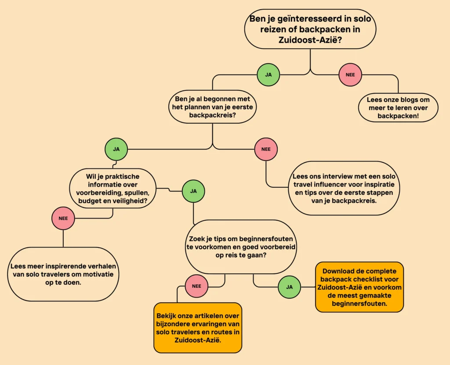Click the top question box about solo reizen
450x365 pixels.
click(x=310, y=29)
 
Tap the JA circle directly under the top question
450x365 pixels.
click(x=269, y=75)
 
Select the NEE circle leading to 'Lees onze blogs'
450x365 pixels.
click(x=350, y=75)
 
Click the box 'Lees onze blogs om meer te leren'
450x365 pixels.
click(x=398, y=108)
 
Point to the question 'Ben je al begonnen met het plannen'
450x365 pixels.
click(x=212, y=107)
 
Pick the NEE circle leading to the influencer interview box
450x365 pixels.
click(x=266, y=149)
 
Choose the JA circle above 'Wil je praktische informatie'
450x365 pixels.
click(x=116, y=149)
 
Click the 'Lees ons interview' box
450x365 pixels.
click(x=344, y=188)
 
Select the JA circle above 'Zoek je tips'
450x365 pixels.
click(x=193, y=191)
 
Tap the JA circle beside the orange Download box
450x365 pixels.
click(x=289, y=287)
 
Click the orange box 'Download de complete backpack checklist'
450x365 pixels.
click(x=359, y=287)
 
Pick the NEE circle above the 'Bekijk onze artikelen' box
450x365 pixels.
click(x=196, y=286)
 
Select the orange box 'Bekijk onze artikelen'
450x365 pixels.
click(x=198, y=327)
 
